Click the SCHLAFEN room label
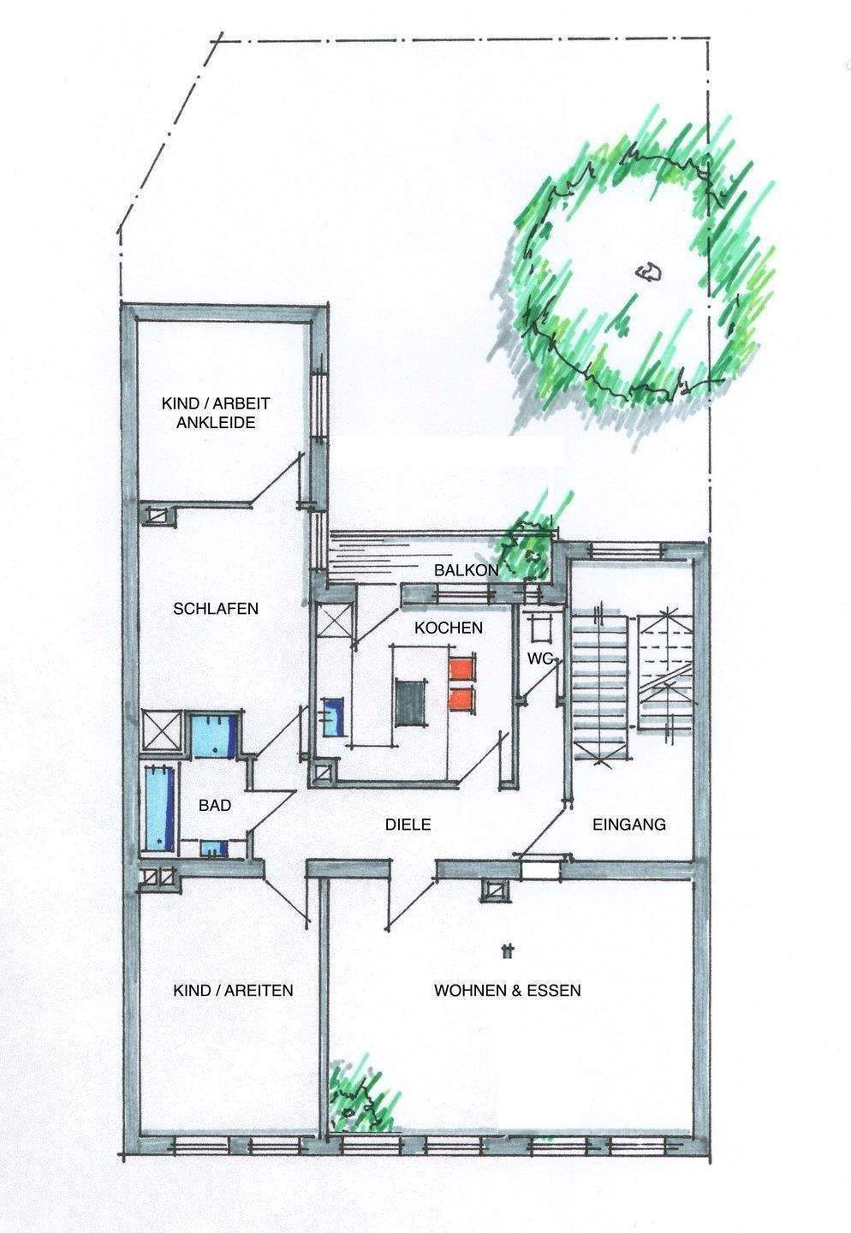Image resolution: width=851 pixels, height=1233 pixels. point(215,609)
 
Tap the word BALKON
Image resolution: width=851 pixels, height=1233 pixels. point(461,570)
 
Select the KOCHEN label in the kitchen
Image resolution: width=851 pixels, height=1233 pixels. point(448,628)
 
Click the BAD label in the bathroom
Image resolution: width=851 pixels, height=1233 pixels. point(214,805)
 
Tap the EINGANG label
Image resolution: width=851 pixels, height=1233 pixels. point(629,825)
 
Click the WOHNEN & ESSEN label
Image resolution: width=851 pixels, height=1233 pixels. point(508,991)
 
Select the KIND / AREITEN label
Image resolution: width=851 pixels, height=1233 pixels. point(233,991)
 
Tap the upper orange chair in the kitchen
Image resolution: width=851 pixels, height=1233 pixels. point(462,668)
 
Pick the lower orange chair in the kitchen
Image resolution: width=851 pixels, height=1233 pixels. point(462,698)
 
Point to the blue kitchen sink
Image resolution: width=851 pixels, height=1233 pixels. point(333,715)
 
